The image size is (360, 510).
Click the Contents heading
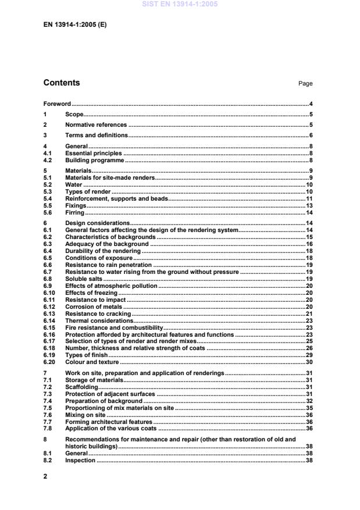[x=62, y=83]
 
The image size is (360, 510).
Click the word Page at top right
[x=305, y=84]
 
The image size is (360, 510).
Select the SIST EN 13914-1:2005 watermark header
[x=180, y=4]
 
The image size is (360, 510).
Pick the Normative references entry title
[x=96, y=125]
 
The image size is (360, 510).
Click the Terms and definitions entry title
[x=97, y=135]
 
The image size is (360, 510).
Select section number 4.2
[x=48, y=160]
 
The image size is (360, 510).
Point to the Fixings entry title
[x=76, y=206]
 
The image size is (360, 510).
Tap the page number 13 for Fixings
[x=309, y=206]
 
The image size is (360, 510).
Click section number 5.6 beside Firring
[x=48, y=213]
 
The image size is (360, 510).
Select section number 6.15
[x=49, y=328]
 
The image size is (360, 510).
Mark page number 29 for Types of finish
[x=309, y=355]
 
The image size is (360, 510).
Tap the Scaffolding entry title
[x=81, y=387]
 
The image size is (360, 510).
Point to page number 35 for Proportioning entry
[x=309, y=408]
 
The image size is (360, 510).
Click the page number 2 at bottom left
[x=45, y=476]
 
